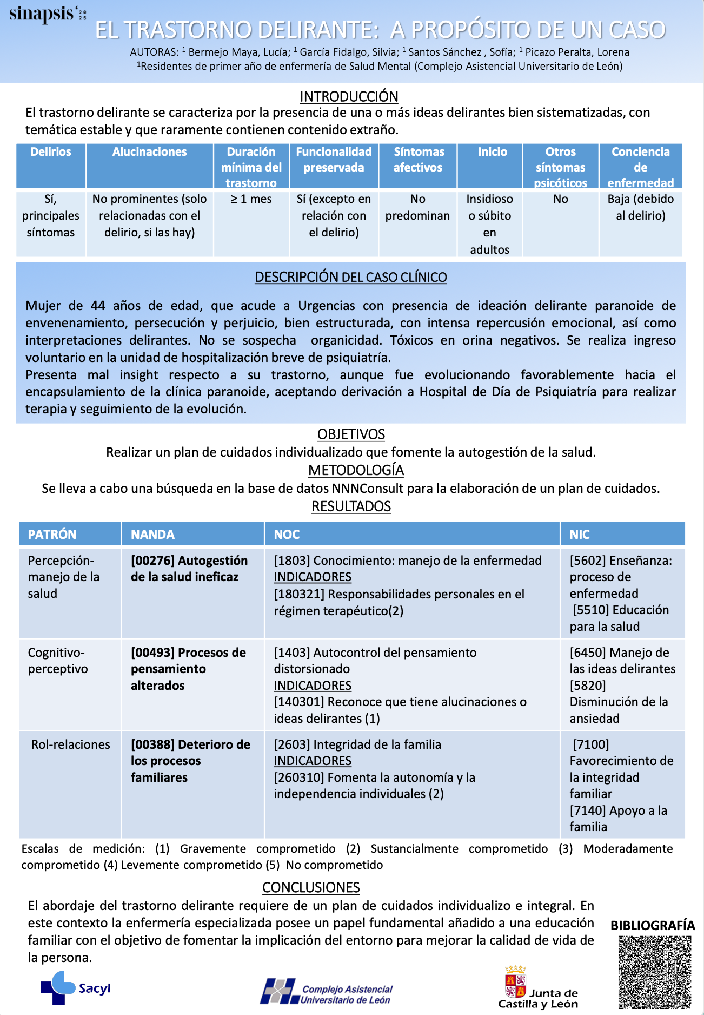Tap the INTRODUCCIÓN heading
[349, 96]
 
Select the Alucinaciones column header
[149, 152]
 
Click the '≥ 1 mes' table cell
[251, 199]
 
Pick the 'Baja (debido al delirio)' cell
[640, 207]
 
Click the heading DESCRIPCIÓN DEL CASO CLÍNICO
[350, 277]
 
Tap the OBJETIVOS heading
[351, 434]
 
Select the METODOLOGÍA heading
[356, 470]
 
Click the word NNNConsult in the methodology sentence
[367, 489]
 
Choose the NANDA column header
[152, 535]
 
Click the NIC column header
[579, 535]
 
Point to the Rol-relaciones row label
[70, 744]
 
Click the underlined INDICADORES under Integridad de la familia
[313, 761]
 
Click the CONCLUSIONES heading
[311, 887]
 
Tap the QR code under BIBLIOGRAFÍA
[655, 972]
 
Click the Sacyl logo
[76, 987]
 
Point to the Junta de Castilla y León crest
[515, 982]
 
